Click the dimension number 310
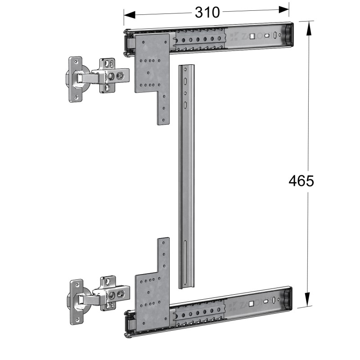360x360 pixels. click(x=207, y=12)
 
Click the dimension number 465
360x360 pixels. click(x=301, y=181)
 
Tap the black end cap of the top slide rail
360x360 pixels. click(x=286, y=34)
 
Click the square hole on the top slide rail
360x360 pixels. click(x=253, y=36)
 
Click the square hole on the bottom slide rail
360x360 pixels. click(x=253, y=302)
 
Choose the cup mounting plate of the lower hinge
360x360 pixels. click(x=76, y=301)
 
